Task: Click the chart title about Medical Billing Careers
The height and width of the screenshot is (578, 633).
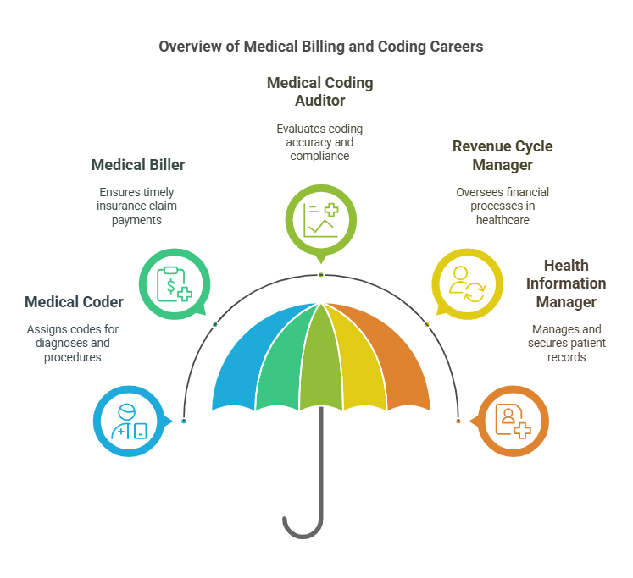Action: [320, 47]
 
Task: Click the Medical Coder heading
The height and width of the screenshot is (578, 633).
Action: [74, 302]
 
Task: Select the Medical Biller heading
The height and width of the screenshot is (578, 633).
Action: [137, 164]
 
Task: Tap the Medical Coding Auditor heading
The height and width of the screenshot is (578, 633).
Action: [319, 91]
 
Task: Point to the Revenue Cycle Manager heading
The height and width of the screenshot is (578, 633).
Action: [502, 155]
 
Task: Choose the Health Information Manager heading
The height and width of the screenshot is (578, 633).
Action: [565, 283]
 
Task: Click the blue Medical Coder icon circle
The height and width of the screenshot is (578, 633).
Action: [128, 421]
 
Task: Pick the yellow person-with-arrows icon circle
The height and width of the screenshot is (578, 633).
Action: [466, 283]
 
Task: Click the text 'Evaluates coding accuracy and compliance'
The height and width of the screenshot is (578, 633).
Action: [319, 142]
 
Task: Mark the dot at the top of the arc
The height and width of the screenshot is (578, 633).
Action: [320, 275]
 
